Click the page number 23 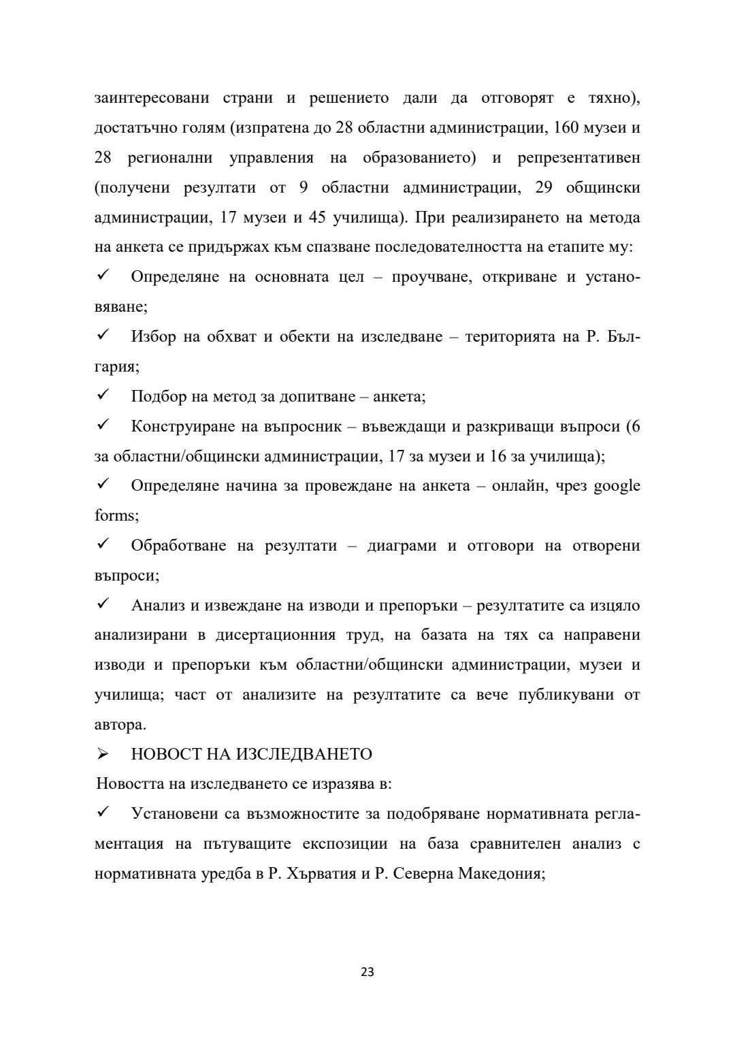click(x=367, y=972)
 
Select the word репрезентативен click(x=578, y=158)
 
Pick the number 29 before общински click(x=544, y=188)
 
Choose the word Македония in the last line click(x=500, y=874)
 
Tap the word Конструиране click(x=180, y=426)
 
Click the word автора click(x=120, y=725)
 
